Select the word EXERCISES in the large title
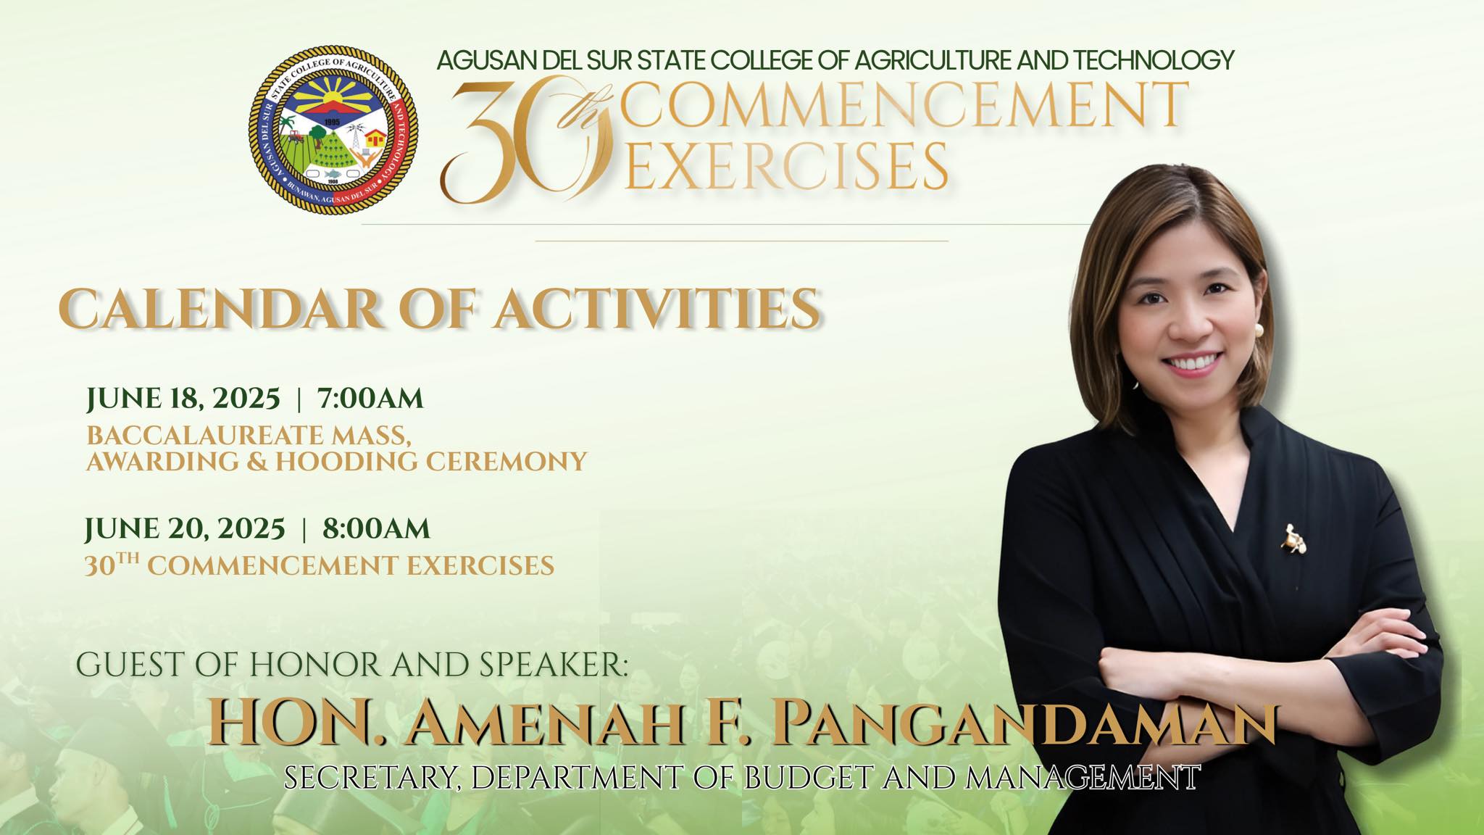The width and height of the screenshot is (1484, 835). pyautogui.click(x=787, y=166)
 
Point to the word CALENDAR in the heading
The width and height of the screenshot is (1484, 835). pyautogui.click(x=220, y=310)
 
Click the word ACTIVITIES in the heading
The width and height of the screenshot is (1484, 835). pyautogui.click(x=658, y=310)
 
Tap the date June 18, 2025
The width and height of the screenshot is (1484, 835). pyautogui.click(x=183, y=399)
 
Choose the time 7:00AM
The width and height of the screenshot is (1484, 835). pyautogui.click(x=370, y=399)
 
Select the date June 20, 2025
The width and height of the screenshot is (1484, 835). pyautogui.click(x=185, y=529)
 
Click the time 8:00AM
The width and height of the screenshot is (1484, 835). pyautogui.click(x=376, y=529)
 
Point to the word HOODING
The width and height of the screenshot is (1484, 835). pyautogui.click(x=347, y=462)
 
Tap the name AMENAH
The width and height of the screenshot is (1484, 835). pyautogui.click(x=546, y=723)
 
